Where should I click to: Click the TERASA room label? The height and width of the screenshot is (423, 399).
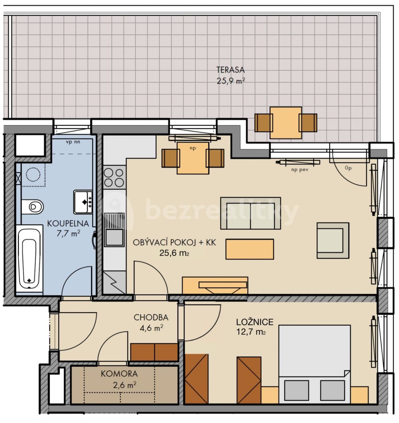pyautogui.click(x=230, y=70)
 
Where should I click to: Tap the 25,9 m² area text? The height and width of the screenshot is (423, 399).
pyautogui.click(x=230, y=81)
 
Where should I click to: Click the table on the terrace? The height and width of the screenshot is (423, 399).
pyautogui.click(x=286, y=122)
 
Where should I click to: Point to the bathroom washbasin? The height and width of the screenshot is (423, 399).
pyautogui.click(x=83, y=202)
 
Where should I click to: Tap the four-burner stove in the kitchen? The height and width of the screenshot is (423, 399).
pyautogui.click(x=114, y=177)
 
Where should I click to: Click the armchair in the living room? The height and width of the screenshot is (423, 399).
pyautogui.click(x=333, y=240)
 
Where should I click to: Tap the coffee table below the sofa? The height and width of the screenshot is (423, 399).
pyautogui.click(x=250, y=249)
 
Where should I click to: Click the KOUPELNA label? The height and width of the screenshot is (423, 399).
pyautogui.click(x=67, y=223)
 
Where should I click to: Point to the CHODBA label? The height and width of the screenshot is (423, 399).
pyautogui.click(x=151, y=317)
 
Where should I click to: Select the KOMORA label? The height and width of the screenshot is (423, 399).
pyautogui.click(x=119, y=374)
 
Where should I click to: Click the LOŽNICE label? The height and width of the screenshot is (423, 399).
pyautogui.click(x=255, y=322)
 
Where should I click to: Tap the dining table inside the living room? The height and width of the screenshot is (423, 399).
pyautogui.click(x=192, y=158)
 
